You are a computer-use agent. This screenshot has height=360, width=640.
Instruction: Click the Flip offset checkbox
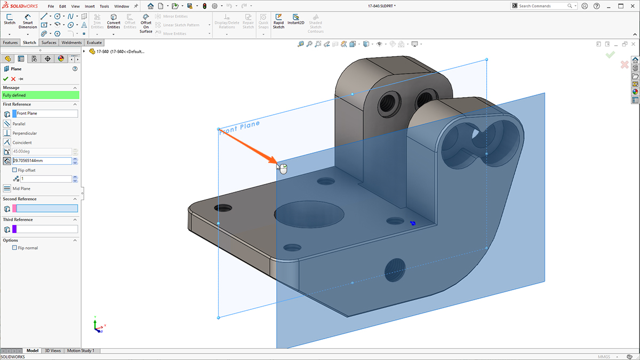pyautogui.click(x=14, y=170)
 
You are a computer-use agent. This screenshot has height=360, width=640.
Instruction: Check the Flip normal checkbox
pyautogui.click(x=14, y=248)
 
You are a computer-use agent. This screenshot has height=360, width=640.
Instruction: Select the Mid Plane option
pyautogui.click(x=21, y=189)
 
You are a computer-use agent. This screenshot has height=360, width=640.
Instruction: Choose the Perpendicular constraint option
pyautogui.click(x=25, y=133)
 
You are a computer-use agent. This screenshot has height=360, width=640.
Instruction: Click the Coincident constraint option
pyautogui.click(x=22, y=142)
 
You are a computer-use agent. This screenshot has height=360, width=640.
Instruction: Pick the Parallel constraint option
pyautogui.click(x=19, y=124)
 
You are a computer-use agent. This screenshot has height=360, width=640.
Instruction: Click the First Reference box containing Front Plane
pyautogui.click(x=47, y=114)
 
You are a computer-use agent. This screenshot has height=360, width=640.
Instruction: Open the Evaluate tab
pyautogui.click(x=94, y=43)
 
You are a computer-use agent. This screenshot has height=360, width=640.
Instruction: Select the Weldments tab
pyautogui.click(x=71, y=43)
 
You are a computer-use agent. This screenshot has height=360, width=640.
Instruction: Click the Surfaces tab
pyautogui.click(x=49, y=43)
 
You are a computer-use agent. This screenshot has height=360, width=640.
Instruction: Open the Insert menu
pyautogui.click(x=90, y=6)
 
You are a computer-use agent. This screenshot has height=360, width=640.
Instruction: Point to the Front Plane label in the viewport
pyautogui.click(x=239, y=127)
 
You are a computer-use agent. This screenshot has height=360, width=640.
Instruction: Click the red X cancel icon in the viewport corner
pyautogui.click(x=624, y=65)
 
